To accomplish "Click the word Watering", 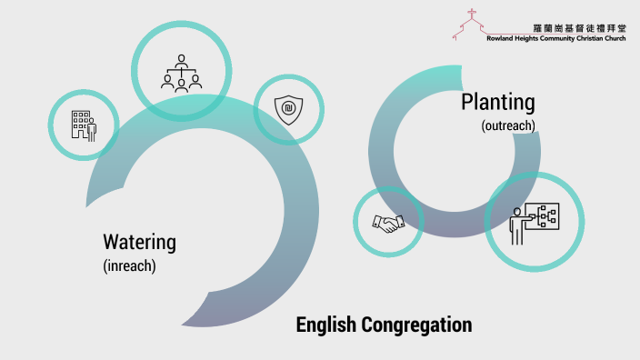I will [139, 243].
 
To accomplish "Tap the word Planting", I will [497, 101].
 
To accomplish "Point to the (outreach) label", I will [508, 125].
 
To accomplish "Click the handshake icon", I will [387, 222].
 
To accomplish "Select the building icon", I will [84, 125].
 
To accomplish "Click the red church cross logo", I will [471, 20].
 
